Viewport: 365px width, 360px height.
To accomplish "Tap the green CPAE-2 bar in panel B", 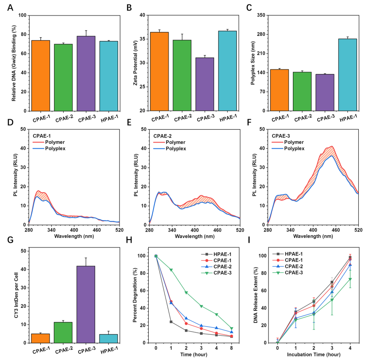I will click(182, 75).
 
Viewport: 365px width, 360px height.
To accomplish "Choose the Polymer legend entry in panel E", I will click(177, 142).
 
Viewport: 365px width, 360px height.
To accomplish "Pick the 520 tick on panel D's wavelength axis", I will click(119, 231).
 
